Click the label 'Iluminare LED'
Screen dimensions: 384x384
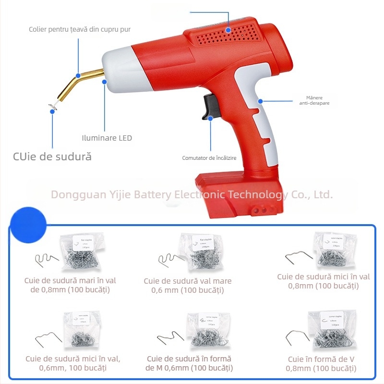pos(107,138)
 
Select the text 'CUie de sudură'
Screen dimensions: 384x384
pos(52,156)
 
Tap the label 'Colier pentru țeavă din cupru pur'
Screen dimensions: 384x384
pos(79,30)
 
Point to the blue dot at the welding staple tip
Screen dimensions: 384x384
pos(52,111)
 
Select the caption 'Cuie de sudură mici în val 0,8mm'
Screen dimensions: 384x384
pos(323,281)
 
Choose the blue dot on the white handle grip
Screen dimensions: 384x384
pos(260,101)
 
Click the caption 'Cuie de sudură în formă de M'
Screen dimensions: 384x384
pos(189,363)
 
